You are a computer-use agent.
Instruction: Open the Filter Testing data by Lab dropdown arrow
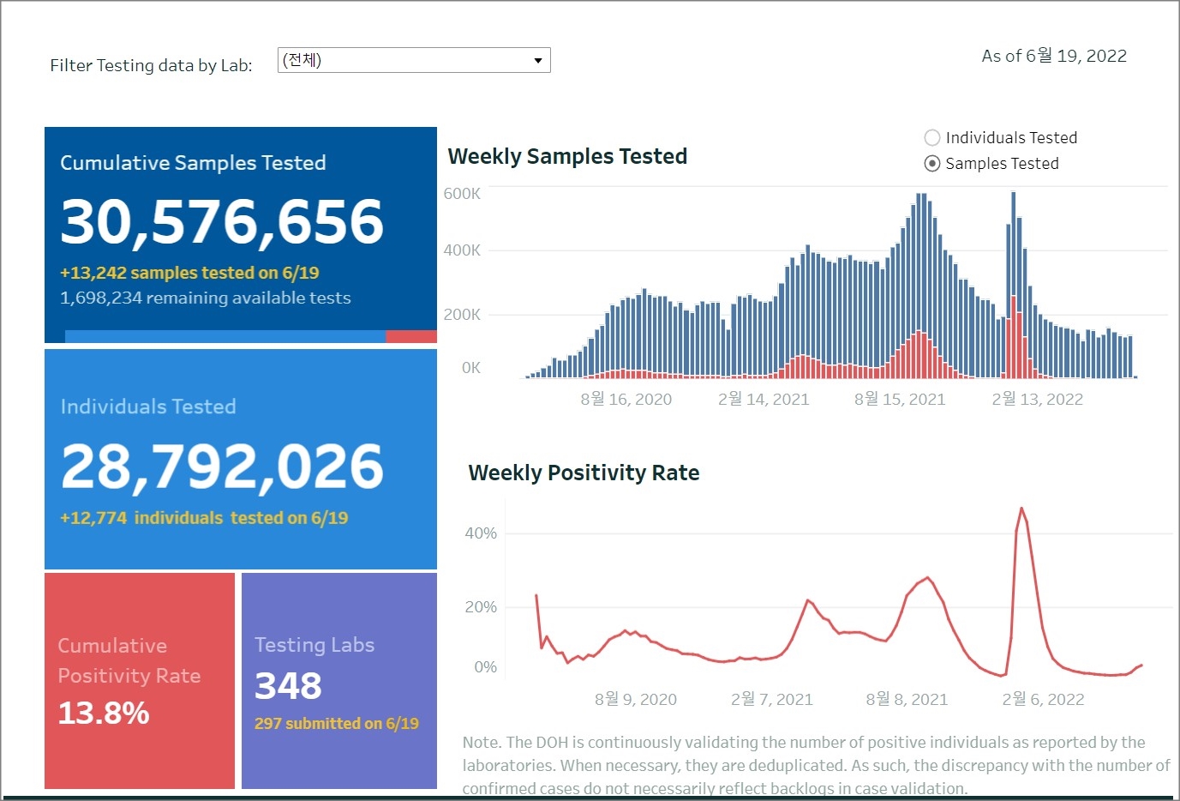point(537,60)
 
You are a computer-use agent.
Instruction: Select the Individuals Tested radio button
point(932,137)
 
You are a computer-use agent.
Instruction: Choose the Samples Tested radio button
point(932,164)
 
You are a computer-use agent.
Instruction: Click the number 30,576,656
point(222,221)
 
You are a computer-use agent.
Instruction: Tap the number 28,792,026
point(222,467)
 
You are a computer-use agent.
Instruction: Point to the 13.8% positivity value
point(104,713)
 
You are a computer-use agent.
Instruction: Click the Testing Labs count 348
point(288,686)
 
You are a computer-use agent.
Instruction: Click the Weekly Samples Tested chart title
point(567,156)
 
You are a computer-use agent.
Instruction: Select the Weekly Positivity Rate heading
point(584,473)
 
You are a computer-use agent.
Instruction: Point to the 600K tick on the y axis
point(462,194)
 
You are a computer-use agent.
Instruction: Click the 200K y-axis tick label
point(462,315)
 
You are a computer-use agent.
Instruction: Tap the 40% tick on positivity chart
point(481,533)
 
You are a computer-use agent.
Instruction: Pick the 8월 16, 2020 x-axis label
point(626,399)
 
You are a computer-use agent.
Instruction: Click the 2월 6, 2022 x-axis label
point(1043,699)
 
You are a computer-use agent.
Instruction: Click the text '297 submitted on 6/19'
point(337,724)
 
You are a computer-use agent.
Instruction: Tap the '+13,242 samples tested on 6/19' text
point(189,273)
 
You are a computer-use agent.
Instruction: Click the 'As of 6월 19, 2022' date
point(1054,56)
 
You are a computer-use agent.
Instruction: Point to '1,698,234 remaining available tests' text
point(206,298)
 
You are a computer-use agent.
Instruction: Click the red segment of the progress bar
point(411,337)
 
